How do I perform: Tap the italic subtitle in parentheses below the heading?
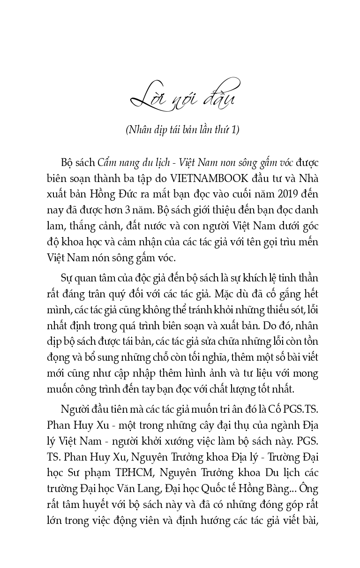[182, 130]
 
